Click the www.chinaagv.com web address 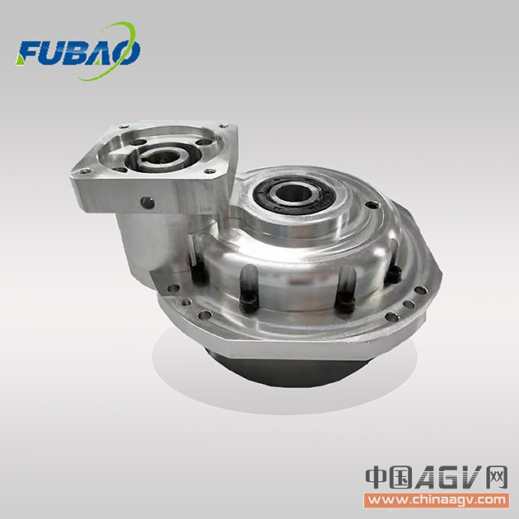click(437, 499)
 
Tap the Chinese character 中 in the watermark click(376, 477)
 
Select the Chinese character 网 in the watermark click(496, 477)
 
